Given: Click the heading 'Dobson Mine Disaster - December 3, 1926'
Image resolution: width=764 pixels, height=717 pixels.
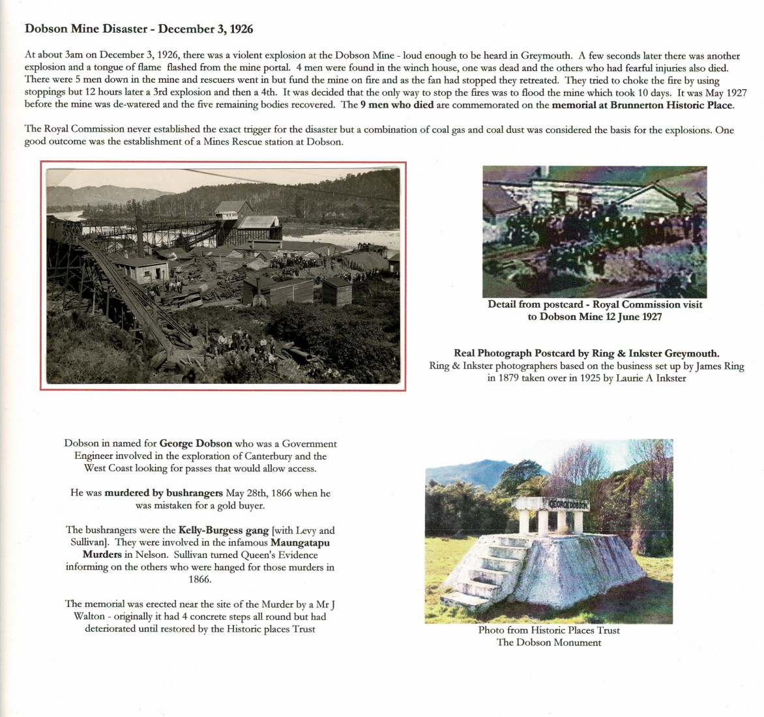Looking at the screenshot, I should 139,29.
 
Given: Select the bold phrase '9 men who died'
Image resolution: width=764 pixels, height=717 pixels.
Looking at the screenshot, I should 396,105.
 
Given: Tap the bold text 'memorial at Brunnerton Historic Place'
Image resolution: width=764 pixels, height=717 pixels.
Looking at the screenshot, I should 642,105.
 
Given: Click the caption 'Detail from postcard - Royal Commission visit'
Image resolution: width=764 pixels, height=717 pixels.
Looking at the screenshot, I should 595,304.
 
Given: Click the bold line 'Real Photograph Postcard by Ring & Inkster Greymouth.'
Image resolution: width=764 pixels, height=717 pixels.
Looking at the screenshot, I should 586,353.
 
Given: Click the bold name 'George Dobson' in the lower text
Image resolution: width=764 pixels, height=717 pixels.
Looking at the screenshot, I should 196,444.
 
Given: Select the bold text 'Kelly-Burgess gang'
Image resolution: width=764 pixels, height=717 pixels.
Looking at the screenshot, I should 224,531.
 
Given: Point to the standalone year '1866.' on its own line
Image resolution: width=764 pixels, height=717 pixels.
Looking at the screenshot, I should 200,579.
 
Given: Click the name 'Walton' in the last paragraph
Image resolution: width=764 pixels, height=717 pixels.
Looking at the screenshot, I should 89,617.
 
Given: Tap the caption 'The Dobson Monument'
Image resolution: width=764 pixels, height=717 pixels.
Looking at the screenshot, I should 549,643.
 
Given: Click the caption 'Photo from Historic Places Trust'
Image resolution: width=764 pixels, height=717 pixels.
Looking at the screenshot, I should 549,630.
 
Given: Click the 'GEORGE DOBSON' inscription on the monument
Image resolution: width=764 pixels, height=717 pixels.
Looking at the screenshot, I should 568,504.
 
